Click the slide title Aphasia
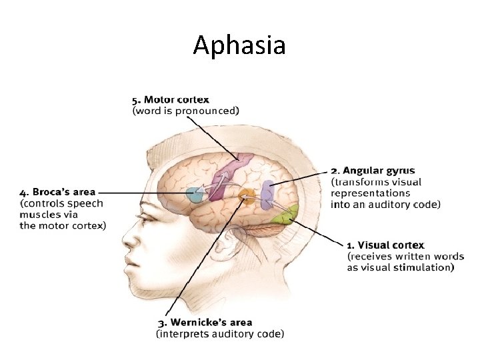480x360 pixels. coord(239,45)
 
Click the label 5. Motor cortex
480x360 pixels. coord(171,100)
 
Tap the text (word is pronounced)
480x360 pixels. coord(186,111)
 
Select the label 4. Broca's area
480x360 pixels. coord(57,193)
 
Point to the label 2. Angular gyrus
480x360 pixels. coord(373,171)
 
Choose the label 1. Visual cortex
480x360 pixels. coord(385,245)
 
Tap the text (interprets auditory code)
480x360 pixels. coord(220,333)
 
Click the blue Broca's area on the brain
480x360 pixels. coord(195,195)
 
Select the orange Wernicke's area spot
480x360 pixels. coord(247,195)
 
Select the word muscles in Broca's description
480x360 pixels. coord(39,215)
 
